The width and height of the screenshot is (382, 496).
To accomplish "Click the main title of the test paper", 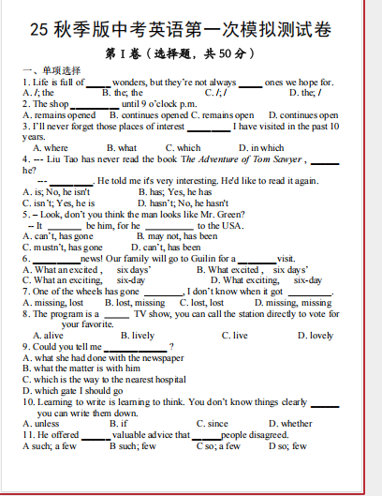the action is pos(191,30).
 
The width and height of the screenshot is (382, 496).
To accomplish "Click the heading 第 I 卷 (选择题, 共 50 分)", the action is pos(190,54).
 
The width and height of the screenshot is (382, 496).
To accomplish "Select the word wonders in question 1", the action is pos(131,82).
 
